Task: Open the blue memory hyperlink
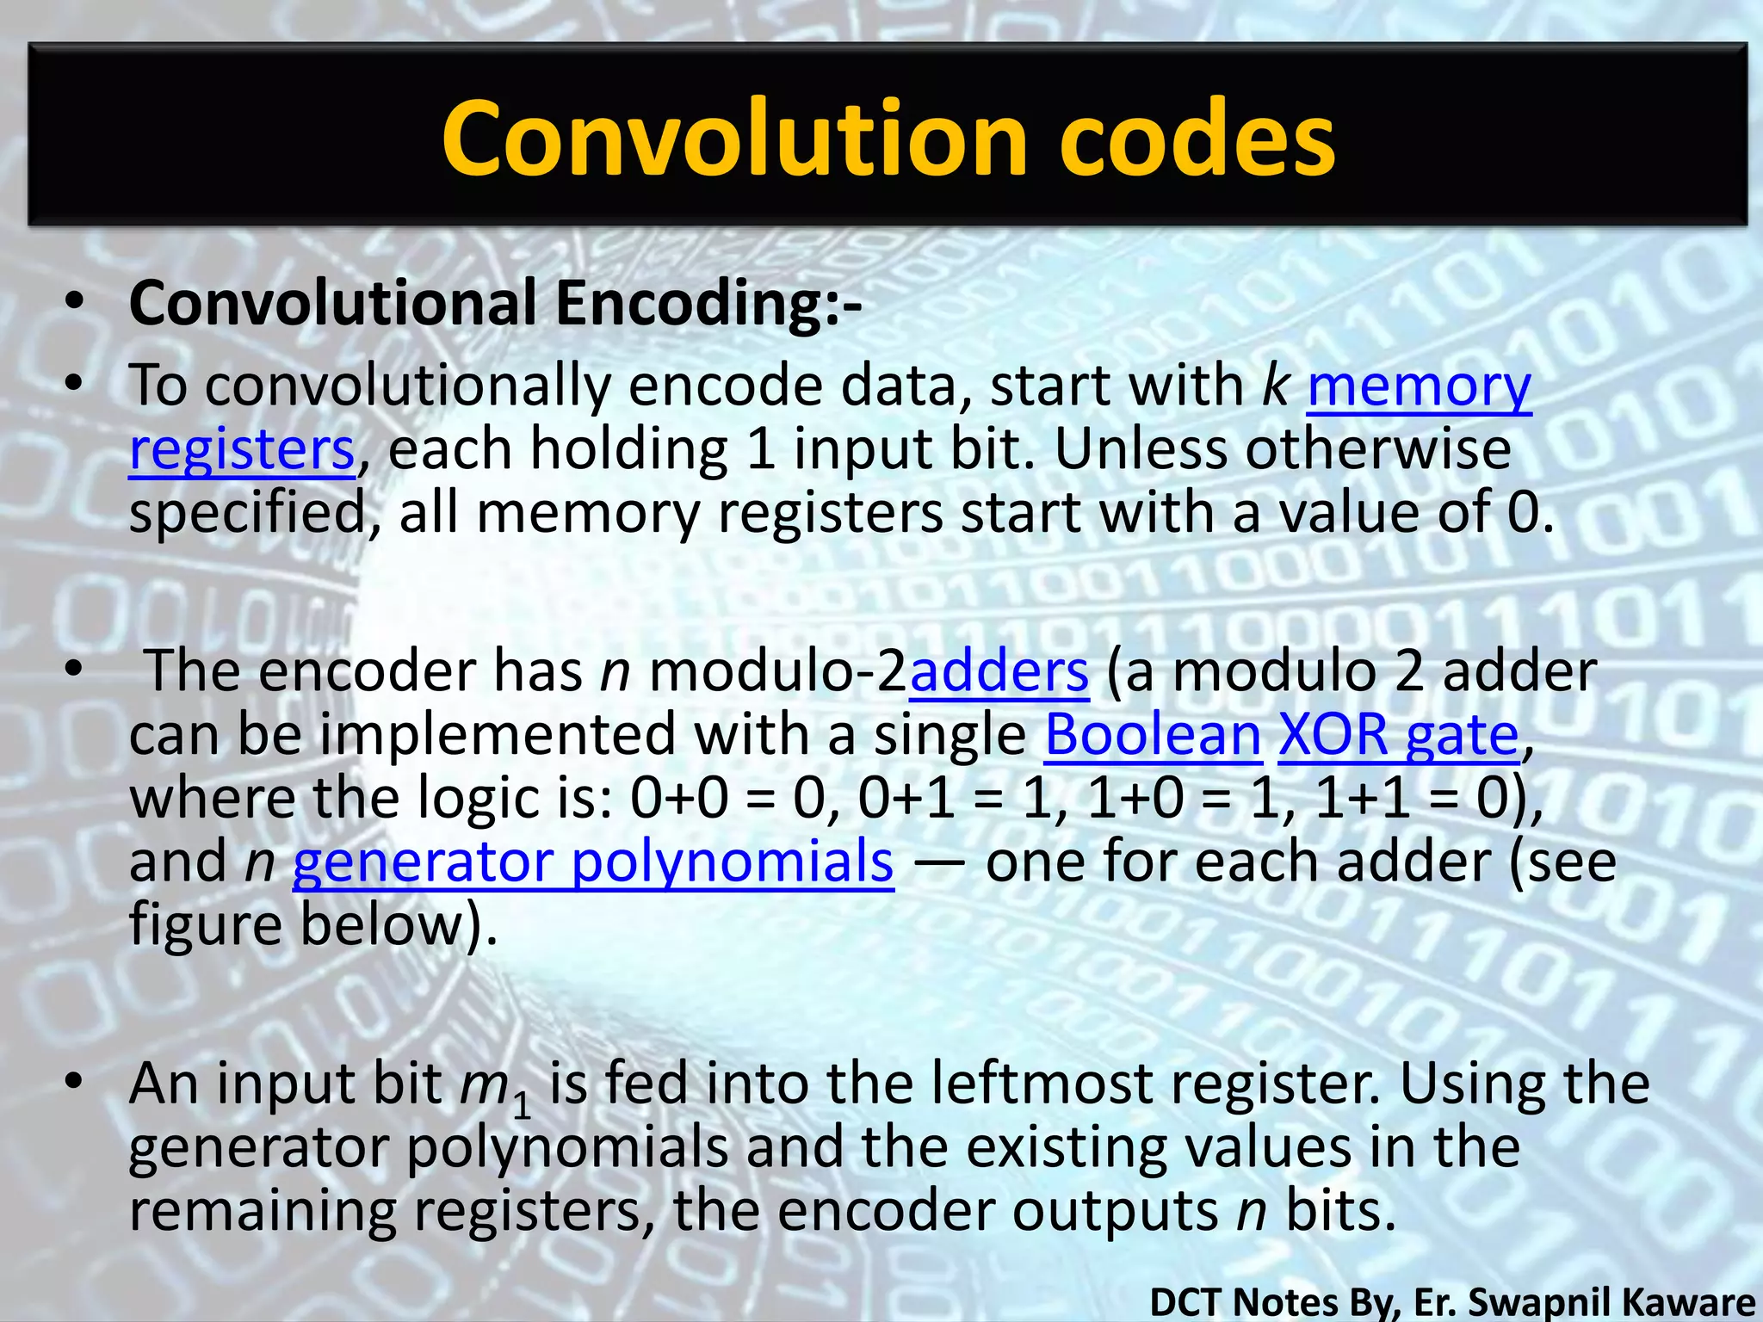[x=1419, y=386]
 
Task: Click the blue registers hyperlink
[x=242, y=450]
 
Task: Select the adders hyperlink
[x=999, y=672]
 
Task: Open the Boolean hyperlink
[x=1153, y=735]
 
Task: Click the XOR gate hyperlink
[x=1398, y=735]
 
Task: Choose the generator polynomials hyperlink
[x=593, y=862]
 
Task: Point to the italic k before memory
[x=1275, y=385]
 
